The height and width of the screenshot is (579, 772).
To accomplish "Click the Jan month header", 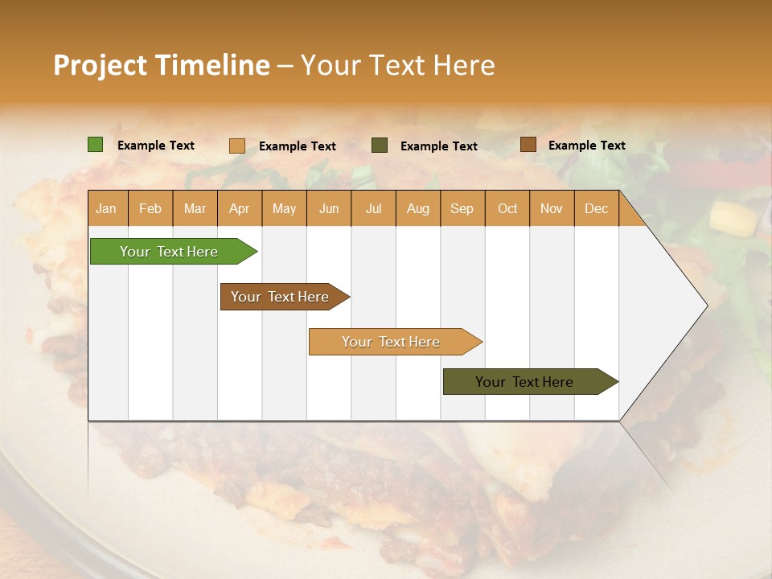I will pos(107,208).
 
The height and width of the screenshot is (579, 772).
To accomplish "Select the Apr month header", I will pos(240,208).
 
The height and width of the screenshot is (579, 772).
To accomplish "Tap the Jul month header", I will pos(373,208).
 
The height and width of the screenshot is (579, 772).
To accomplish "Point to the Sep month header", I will pos(462,208).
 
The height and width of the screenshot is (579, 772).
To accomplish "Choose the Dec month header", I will pos(596,208).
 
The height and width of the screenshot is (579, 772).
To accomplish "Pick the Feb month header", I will pos(150,208).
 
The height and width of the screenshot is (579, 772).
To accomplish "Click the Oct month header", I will pos(507,208).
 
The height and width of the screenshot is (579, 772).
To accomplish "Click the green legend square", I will pos(96,145).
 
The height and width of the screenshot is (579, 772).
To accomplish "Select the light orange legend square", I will pos(237,146).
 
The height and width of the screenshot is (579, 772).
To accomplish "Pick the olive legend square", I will pos(380,145).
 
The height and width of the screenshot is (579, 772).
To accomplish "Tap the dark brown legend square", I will pos(528,145).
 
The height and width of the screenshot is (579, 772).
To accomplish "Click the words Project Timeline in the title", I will pos(162,65).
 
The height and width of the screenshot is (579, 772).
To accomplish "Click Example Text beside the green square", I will pos(156,146).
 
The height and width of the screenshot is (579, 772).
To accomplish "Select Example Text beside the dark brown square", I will pos(587,146).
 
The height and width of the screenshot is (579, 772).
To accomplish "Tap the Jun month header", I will pos(329,208).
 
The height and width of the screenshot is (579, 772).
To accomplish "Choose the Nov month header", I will pos(552,208).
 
